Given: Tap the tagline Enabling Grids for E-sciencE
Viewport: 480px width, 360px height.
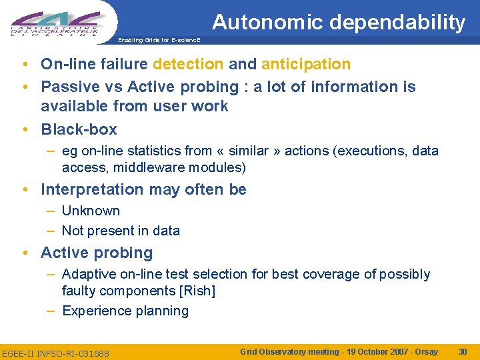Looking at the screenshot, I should pos(159,40).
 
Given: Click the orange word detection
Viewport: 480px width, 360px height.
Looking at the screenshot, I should pos(188,64).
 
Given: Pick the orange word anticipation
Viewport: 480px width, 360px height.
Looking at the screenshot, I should pos(306,64).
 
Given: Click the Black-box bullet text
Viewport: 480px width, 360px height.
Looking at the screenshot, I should pos(79,129).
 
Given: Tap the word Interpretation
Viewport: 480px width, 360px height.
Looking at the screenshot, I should pos(92,189).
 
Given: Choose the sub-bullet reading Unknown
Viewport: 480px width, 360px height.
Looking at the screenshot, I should pos(91,211).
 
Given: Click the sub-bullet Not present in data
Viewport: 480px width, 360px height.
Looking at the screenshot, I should pos(121,231).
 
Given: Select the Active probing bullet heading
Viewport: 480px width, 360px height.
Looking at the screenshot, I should pos(97,253).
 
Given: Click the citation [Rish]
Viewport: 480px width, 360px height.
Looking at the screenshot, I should pos(197,291).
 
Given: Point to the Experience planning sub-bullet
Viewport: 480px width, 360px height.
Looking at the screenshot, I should pos(125,311).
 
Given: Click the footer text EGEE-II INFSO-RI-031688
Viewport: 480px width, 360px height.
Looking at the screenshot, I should pos(56,352).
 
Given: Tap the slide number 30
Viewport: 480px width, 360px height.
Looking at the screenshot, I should pos(463,351).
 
